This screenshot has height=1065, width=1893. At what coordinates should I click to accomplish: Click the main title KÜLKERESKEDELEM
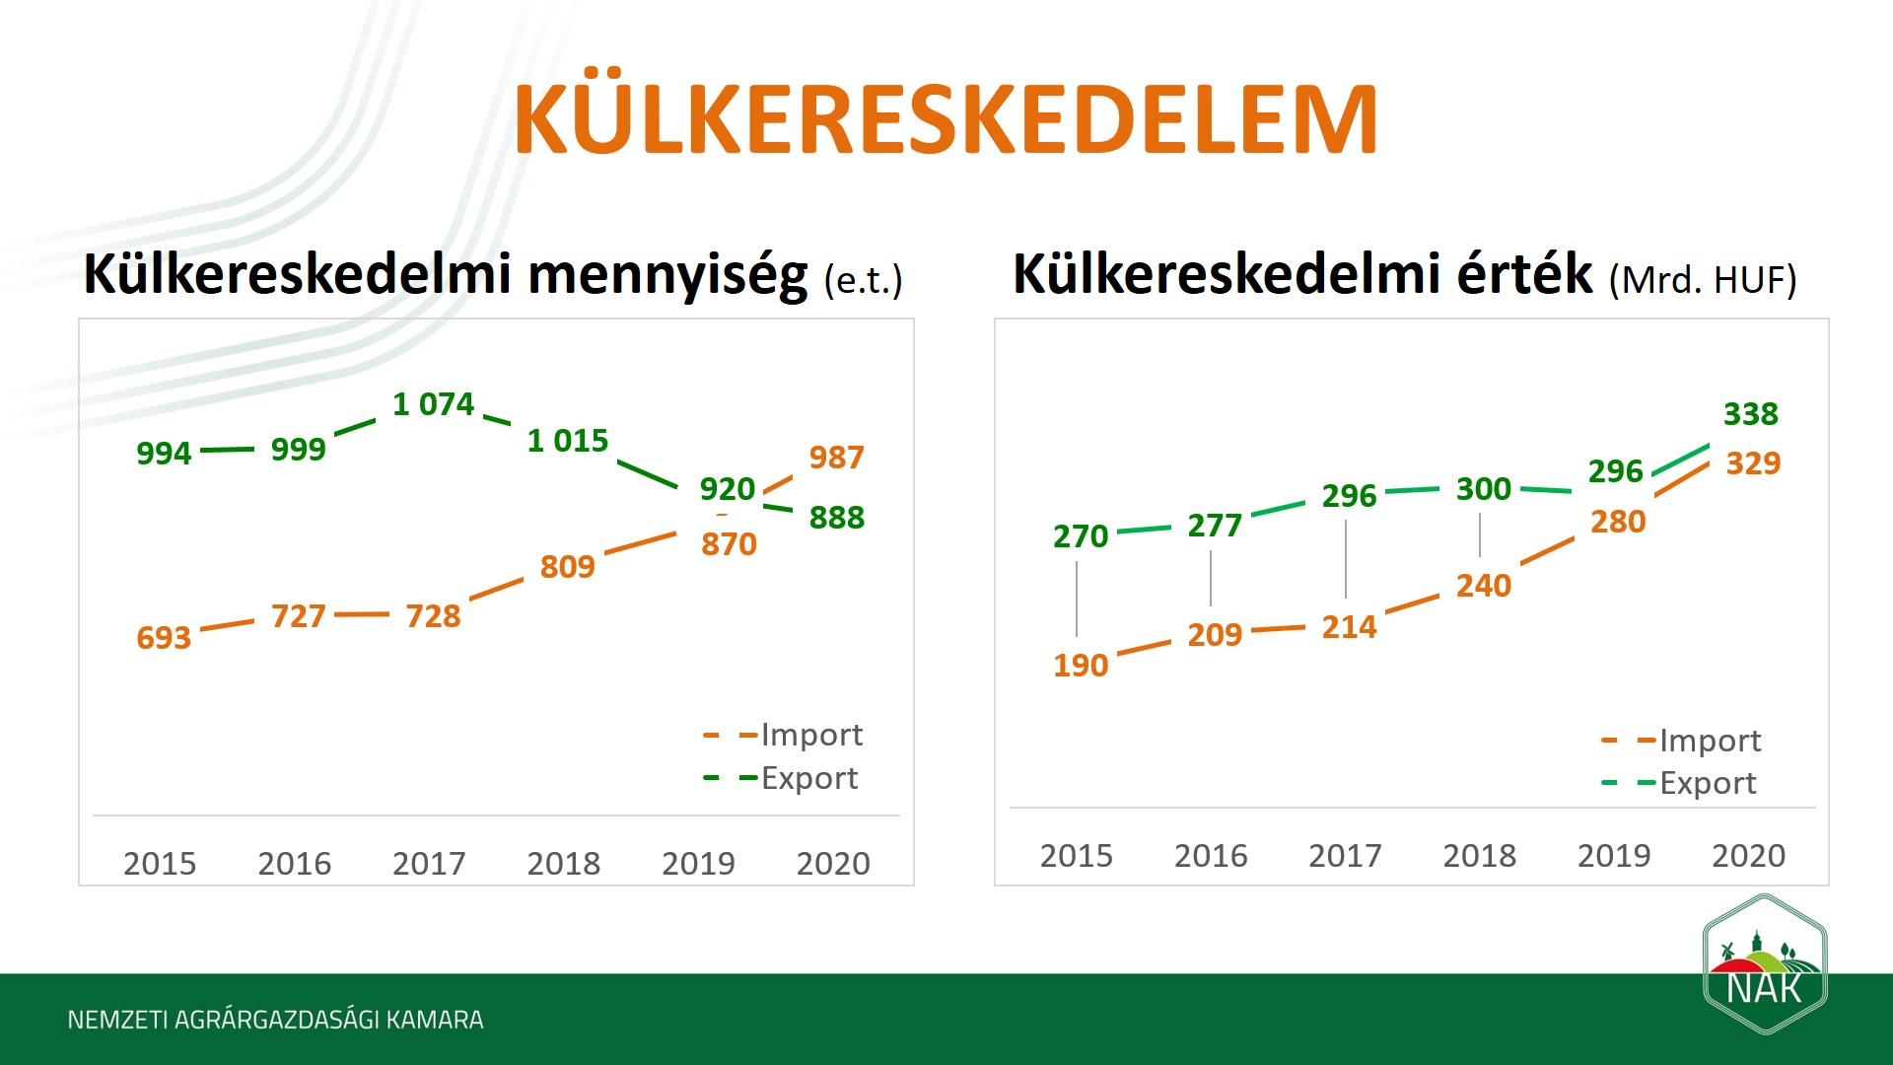pyautogui.click(x=945, y=120)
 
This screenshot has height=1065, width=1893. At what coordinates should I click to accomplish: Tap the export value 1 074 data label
pyautogui.click(x=433, y=404)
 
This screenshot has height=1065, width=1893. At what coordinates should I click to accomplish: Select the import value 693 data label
pyautogui.click(x=164, y=638)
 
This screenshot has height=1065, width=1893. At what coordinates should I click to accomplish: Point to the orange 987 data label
pyautogui.click(x=836, y=458)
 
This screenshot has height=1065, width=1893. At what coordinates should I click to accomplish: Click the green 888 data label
pyautogui.click(x=836, y=518)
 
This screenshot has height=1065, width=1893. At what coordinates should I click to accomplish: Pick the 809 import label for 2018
pyautogui.click(x=567, y=567)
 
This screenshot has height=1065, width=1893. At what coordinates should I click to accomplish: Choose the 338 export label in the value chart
pyautogui.click(x=1750, y=414)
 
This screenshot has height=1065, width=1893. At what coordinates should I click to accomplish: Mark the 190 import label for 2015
pyautogui.click(x=1081, y=666)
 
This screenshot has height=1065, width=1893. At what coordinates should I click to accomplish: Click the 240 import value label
pyautogui.click(x=1483, y=586)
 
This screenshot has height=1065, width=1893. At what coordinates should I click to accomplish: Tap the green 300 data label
pyautogui.click(x=1483, y=489)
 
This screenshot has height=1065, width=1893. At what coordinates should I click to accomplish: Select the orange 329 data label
pyautogui.click(x=1753, y=463)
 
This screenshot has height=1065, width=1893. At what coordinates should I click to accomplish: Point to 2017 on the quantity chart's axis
pyautogui.click(x=429, y=864)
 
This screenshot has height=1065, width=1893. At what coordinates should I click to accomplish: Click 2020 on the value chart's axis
pyautogui.click(x=1748, y=856)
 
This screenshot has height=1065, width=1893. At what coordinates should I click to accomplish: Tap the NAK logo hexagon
pyautogui.click(x=1765, y=964)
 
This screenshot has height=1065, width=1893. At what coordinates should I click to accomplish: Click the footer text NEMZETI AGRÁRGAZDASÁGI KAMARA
pyautogui.click(x=275, y=1020)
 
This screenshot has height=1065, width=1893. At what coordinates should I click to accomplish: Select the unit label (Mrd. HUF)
pyautogui.click(x=1703, y=280)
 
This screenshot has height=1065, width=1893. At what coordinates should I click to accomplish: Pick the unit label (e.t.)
pyautogui.click(x=863, y=281)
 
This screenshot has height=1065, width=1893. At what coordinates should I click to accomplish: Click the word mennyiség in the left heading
pyautogui.click(x=667, y=274)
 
